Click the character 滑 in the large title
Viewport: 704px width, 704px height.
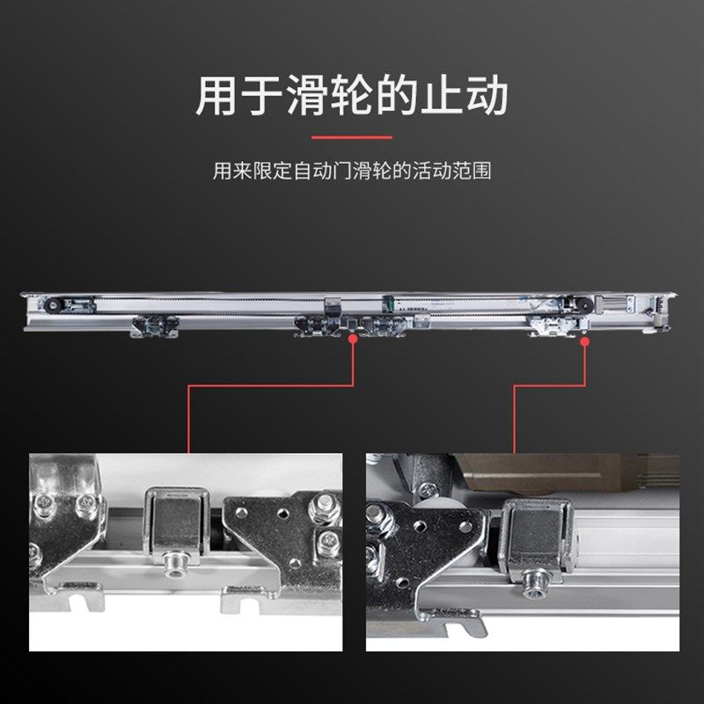pyautogui.click(x=305, y=96)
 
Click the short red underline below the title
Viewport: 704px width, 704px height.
pyautogui.click(x=351, y=137)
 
